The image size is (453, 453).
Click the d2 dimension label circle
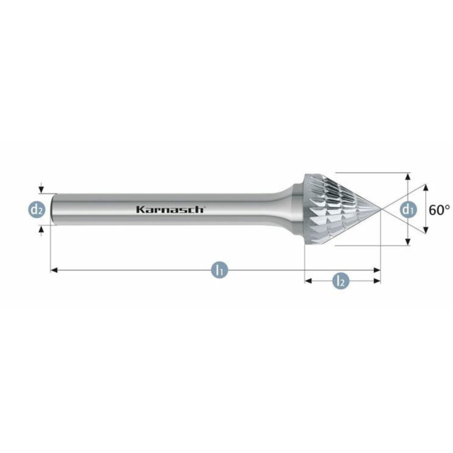(x=36, y=210)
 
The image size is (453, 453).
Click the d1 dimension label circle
(x=407, y=210)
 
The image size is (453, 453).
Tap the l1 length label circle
(x=219, y=269)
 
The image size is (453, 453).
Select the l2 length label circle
(x=341, y=281)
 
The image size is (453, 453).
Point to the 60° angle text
(x=439, y=210)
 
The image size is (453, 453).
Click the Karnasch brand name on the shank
(x=170, y=209)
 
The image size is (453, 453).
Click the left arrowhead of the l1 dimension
(x=54, y=270)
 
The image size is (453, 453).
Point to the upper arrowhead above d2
(x=41, y=190)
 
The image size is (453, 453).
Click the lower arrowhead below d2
(x=41, y=229)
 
